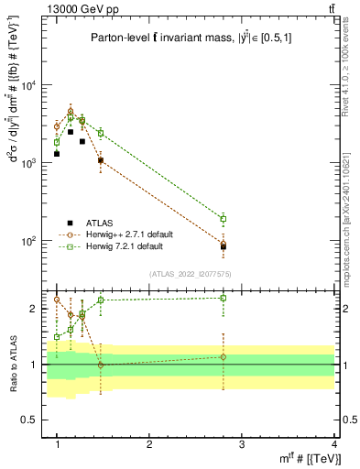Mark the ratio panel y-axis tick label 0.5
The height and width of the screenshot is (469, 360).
point(31,420)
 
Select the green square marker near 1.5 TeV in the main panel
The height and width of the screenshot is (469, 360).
point(101,133)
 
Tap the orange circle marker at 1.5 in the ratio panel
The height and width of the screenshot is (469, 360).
point(101,365)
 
